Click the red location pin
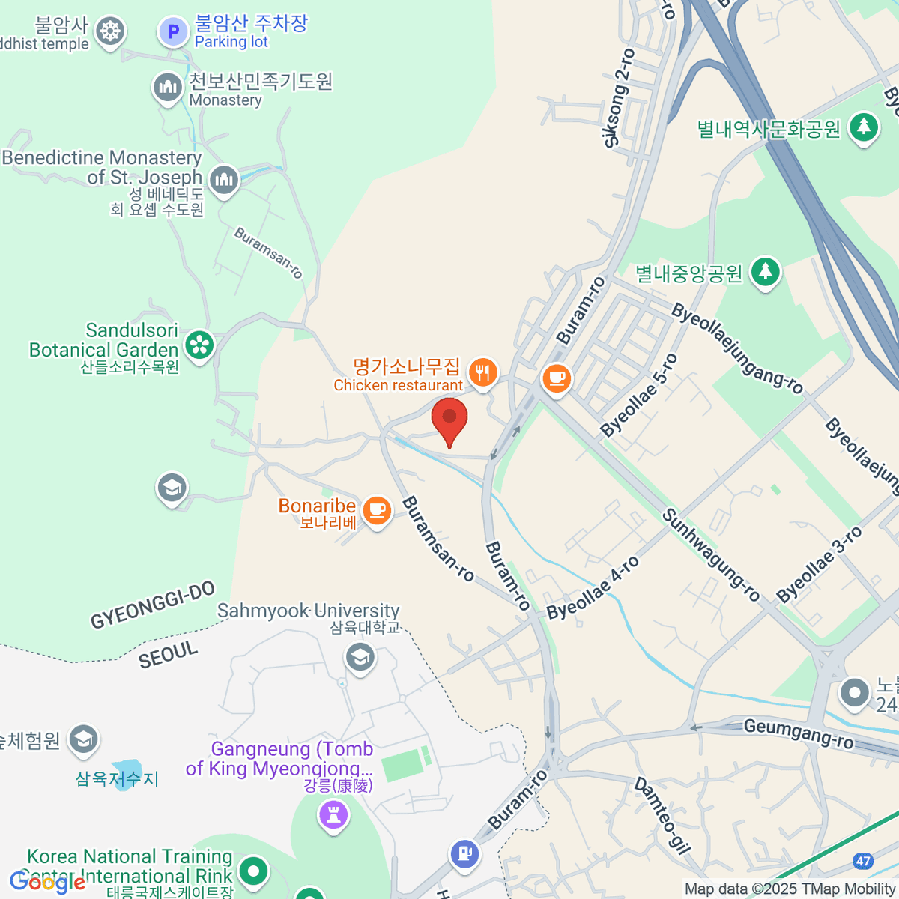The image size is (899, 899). coord(449,419)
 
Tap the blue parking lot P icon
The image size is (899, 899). coord(174,31)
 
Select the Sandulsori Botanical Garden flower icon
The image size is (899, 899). coord(200,345)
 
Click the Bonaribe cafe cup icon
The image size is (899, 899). coord(377,511)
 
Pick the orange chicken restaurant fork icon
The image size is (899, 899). coord(483,372)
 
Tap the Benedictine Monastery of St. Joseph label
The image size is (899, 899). coord(102,168)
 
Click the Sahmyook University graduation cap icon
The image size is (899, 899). coord(360,658)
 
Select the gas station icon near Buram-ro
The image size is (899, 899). coord(464,853)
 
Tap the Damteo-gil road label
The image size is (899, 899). coord(662,816)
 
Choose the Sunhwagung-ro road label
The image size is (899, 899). coord(711,555)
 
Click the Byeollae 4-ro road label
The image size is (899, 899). coord(593,588)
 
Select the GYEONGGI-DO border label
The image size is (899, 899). coord(153,605)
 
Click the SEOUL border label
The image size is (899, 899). coord(169,654)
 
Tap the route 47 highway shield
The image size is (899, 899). coord(863,861)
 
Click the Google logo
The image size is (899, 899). coord(47,882)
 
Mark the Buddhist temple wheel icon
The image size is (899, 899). coord(111,31)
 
